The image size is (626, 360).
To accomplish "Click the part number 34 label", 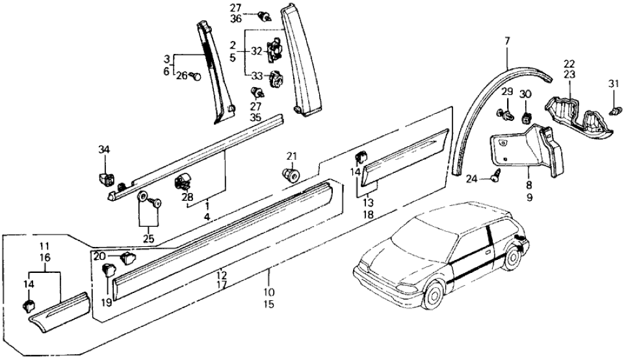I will (105, 150).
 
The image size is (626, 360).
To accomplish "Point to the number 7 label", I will (508, 42).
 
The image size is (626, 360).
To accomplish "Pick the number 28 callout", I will (188, 197).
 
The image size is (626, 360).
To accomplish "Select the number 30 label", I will (526, 94).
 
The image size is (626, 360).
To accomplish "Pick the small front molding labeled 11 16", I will (59, 311).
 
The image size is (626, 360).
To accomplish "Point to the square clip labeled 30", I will (526, 116).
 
